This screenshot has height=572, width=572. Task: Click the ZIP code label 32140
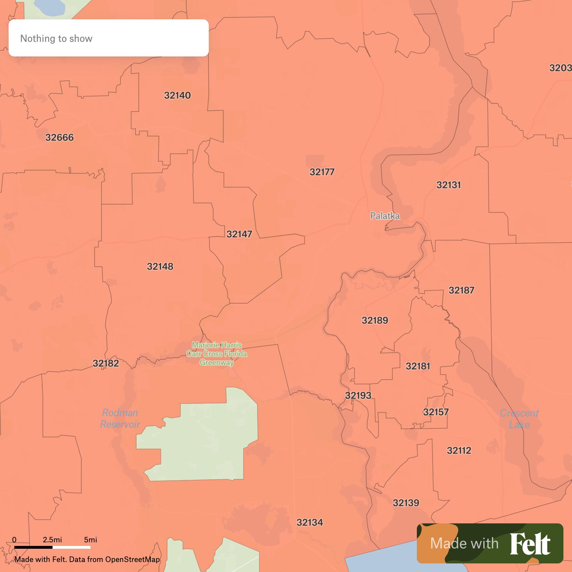pos(177,95)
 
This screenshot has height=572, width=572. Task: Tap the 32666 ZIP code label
pos(59,138)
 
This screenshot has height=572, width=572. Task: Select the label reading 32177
pos(322,172)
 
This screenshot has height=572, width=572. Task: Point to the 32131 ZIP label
pos(448,185)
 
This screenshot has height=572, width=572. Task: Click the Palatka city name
pos(385,216)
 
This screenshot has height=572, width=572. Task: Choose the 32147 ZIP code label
pos(239,234)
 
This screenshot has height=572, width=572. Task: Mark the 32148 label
pos(160,267)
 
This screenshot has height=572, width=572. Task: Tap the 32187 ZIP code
pos(461,290)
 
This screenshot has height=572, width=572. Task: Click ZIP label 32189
pos(375,320)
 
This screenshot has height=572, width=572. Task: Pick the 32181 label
pos(418,366)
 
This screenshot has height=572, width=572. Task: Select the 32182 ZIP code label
pos(105,364)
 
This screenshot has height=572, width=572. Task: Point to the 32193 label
pos(358,395)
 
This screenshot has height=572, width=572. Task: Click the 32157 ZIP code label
pos(435,412)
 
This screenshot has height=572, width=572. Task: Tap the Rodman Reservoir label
pos(120,419)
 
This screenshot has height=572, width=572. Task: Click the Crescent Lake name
pos(519,419)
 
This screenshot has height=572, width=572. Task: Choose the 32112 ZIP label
pos(459,450)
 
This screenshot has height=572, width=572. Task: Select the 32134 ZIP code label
pos(310,523)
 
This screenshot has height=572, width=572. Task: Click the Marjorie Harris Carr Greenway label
pos(217,354)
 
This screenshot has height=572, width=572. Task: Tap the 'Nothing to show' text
pos(56,39)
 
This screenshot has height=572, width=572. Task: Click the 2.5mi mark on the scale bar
pos(53,540)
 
